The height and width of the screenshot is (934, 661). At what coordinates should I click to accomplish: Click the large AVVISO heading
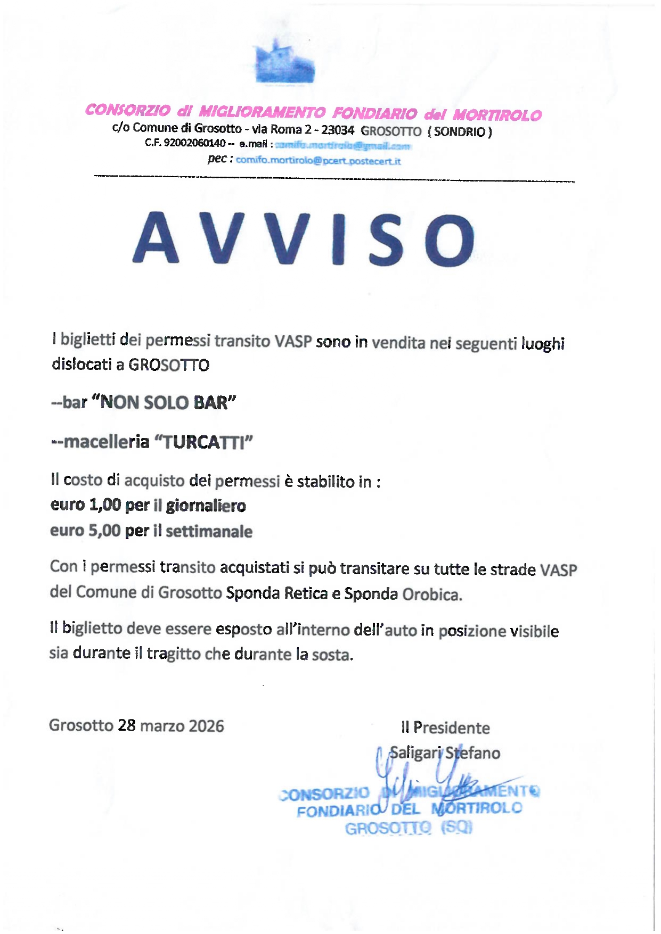pos(303,239)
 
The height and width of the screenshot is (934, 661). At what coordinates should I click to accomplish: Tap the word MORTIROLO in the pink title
pos(497,115)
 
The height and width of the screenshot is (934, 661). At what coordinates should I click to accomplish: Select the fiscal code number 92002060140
pos(194,143)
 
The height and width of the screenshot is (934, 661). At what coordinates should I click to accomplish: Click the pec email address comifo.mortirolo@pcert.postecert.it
pos(318,161)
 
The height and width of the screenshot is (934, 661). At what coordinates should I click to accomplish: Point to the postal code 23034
pos(338,130)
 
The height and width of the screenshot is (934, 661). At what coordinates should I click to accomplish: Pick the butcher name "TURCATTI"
pos(203,442)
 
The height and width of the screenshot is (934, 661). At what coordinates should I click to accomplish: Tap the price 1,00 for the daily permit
pos(105,505)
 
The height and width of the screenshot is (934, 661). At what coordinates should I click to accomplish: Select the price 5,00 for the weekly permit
pos(104,531)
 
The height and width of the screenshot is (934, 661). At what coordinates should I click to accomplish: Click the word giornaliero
pos(206,505)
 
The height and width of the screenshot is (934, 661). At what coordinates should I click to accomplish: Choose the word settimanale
pos(209,531)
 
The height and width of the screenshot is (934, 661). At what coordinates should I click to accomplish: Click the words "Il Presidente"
pos(445,728)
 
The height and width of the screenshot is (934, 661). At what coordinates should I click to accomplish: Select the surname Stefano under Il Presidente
pos(472,753)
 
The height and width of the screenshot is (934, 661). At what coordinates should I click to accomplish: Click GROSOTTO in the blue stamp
pos(388,829)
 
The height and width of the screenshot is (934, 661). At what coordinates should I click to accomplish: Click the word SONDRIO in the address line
pos(460,131)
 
